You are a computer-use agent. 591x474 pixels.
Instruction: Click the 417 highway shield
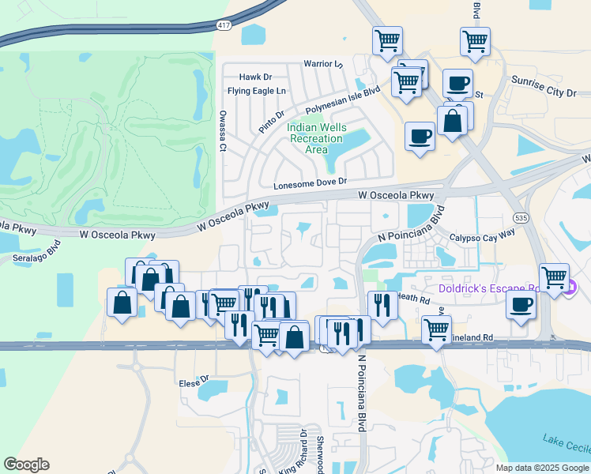pyautogui.click(x=224, y=25)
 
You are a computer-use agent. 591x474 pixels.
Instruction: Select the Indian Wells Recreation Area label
pyautogui.click(x=316, y=138)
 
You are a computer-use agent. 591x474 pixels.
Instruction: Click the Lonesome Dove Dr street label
pyautogui.click(x=311, y=183)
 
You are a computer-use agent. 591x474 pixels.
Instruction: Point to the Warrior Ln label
pyautogui.click(x=324, y=64)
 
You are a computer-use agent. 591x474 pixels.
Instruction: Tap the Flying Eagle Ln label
pyautogui.click(x=256, y=91)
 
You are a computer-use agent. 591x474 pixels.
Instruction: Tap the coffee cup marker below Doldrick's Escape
pyautogui.click(x=520, y=305)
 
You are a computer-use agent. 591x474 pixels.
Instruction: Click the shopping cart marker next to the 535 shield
pyautogui.click(x=555, y=276)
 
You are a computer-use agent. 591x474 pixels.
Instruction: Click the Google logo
pyautogui.click(x=27, y=465)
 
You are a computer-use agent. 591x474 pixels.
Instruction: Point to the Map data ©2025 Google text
pyautogui.click(x=542, y=468)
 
